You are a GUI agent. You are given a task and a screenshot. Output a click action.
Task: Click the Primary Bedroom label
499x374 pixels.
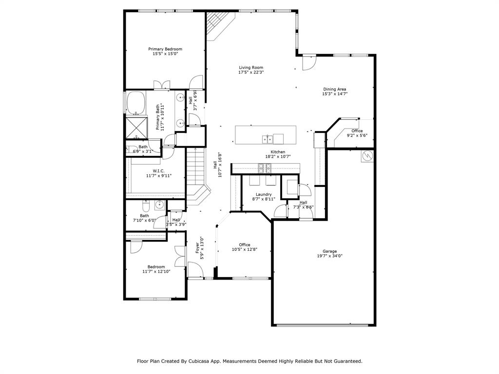click(165, 49)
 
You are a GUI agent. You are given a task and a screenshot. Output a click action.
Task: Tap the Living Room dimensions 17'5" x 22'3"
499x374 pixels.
click(251, 73)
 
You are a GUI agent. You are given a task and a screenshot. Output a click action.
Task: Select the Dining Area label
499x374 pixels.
click(335, 89)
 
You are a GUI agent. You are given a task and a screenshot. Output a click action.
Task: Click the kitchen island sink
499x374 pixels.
click(268, 139)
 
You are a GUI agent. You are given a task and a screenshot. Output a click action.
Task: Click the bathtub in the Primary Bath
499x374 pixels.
click(135, 102)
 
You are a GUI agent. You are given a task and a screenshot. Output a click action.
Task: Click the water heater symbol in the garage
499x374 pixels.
click(367, 156)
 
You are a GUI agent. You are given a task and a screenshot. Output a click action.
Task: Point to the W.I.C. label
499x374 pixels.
click(158, 171)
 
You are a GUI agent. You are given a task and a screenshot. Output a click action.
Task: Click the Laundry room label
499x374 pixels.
click(264, 194)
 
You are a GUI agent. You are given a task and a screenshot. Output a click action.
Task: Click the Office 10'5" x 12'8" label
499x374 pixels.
click(244, 245)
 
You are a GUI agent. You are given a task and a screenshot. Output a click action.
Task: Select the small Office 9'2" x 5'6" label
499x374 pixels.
click(357, 131)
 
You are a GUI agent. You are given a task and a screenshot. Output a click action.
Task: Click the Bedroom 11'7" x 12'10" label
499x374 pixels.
click(156, 267)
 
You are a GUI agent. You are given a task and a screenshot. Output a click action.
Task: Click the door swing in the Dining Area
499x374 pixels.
click(309, 63)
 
